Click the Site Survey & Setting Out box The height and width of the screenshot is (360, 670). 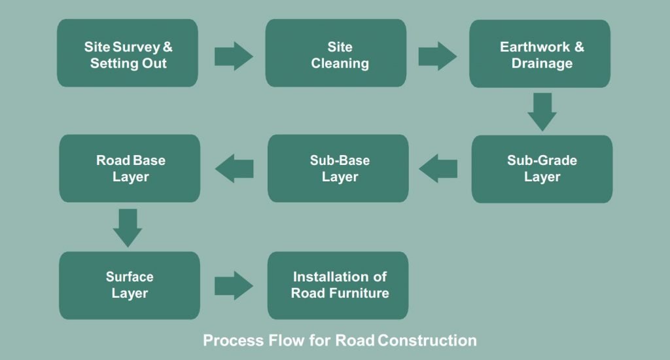coord(128,53)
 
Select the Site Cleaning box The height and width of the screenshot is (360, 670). coord(336,53)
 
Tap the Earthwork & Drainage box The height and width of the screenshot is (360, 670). coord(540,54)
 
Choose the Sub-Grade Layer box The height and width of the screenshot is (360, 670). coord(542,169)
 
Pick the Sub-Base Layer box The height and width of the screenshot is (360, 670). coord(338,168)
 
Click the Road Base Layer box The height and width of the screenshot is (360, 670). coord(130,168)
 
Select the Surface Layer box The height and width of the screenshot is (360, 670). coord(130,285)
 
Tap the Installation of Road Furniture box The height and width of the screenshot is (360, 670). coord(338,285)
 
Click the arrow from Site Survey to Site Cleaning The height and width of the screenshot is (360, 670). coord(234,56)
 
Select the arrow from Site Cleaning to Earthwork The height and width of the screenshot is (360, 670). coord(438,56)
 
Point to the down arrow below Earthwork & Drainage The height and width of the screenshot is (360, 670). coord(542,112)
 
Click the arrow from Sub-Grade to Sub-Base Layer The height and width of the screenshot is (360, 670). coord(438,168)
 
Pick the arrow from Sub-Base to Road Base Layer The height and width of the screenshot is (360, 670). coord(234,168)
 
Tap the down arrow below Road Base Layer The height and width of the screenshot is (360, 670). coord(128,228)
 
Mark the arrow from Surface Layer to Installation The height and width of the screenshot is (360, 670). coord(234,285)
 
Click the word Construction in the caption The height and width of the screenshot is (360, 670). coord(427,340)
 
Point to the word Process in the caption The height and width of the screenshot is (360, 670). coord(234,340)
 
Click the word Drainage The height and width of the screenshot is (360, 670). coord(542,63)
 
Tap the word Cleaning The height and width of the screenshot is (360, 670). coord(340,63)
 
